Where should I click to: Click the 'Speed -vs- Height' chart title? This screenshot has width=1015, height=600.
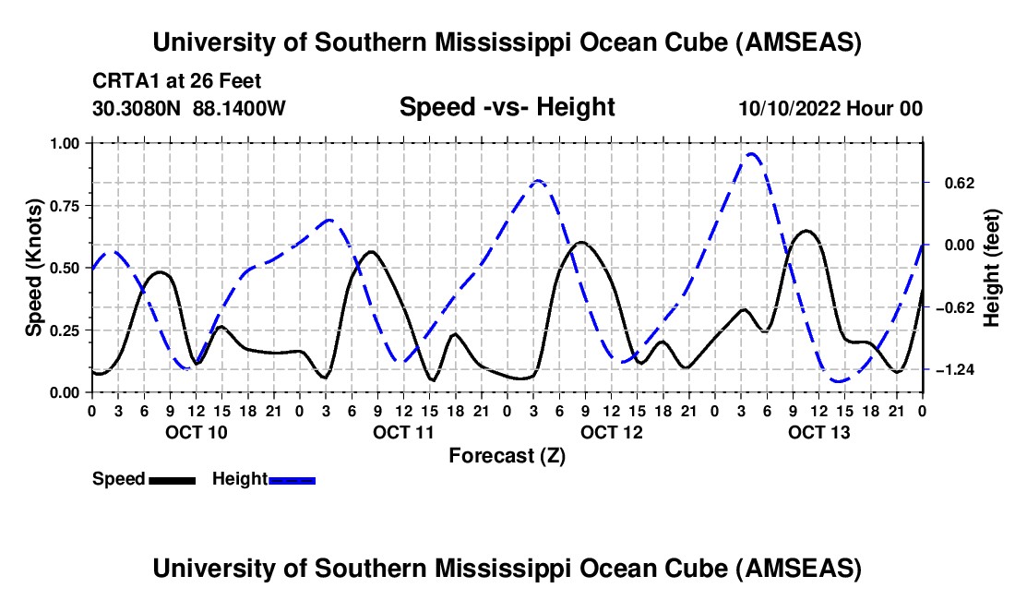(507, 107)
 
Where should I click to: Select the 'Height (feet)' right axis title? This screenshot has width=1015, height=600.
(992, 268)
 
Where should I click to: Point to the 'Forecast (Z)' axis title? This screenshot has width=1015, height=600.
(507, 455)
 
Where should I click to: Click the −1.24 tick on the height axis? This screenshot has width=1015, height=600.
(955, 369)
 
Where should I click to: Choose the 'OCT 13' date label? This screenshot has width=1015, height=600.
(818, 432)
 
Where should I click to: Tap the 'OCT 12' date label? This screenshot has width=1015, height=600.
(611, 432)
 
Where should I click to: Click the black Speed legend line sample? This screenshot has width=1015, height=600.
(172, 479)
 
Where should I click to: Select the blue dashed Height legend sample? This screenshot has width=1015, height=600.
(292, 479)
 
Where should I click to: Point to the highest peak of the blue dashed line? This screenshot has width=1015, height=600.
(752, 154)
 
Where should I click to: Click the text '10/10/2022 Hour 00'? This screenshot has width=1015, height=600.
(830, 108)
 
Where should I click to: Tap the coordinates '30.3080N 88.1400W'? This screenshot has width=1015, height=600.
(189, 108)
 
